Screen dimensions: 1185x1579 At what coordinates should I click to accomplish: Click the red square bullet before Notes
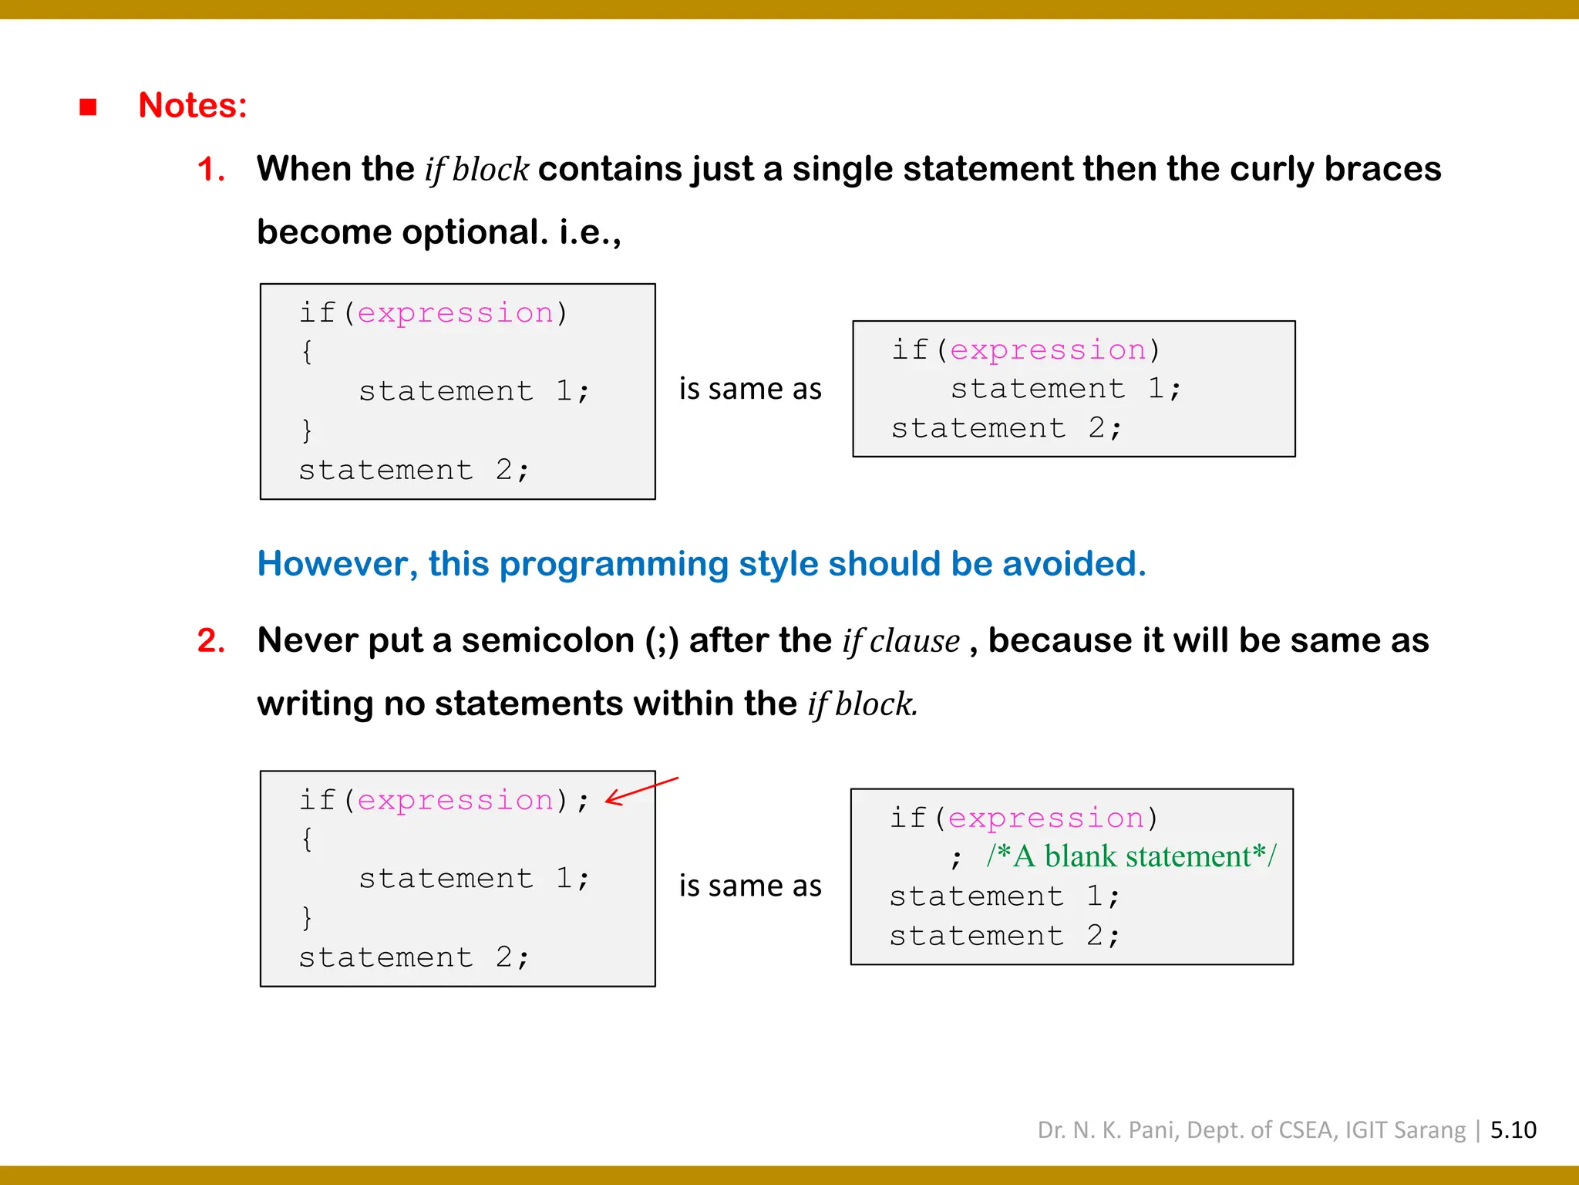(88, 106)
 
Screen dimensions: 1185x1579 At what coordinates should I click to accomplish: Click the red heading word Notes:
(193, 106)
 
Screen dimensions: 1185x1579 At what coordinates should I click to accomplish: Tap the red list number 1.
(210, 169)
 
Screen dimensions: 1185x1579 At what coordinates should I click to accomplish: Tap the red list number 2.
(210, 640)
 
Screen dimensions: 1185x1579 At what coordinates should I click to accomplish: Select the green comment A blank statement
(1131, 856)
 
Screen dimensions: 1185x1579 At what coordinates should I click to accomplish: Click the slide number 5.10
(1513, 1129)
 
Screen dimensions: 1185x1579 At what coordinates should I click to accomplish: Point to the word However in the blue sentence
(337, 564)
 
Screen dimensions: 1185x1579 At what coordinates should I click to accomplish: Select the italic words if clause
(901, 641)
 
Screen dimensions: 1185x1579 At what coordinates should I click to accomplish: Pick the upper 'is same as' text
(750, 389)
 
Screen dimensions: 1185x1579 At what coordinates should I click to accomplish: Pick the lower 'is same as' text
(750, 886)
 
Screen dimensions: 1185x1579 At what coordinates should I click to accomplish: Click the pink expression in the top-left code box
(455, 313)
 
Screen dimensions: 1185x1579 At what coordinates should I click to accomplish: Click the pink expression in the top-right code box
(1047, 350)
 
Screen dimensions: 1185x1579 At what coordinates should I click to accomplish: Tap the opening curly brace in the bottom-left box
(307, 839)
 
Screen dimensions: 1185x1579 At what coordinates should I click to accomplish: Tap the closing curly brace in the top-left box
(307, 430)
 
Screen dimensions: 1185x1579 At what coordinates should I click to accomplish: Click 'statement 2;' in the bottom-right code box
(1004, 936)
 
